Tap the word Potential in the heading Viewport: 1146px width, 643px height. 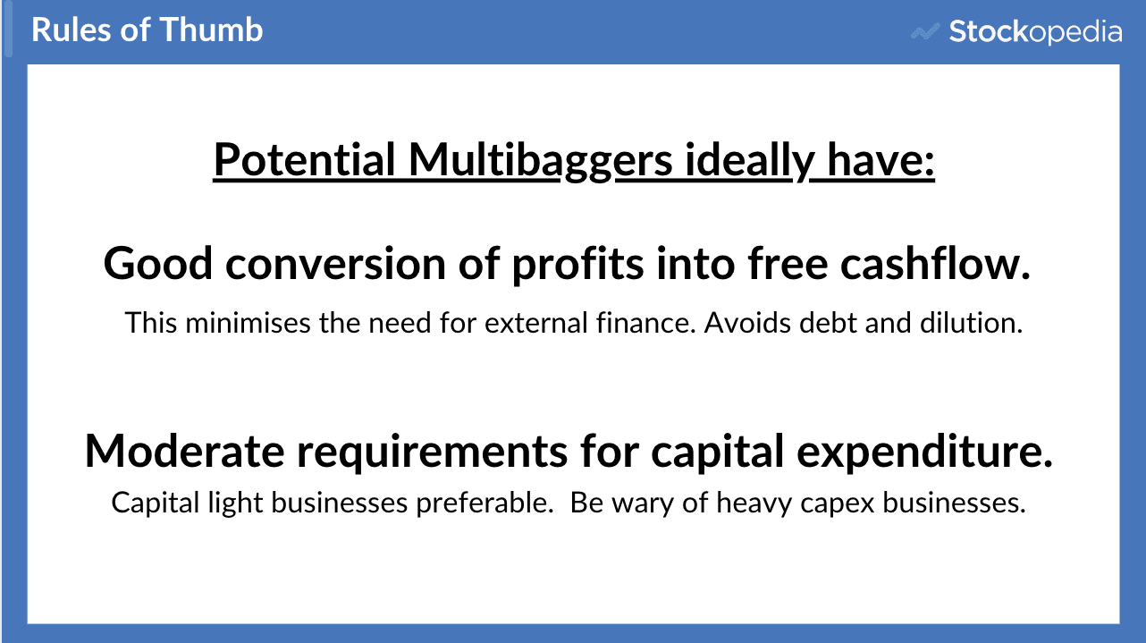[x=305, y=161]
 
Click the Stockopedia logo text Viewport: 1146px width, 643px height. [x=1035, y=32]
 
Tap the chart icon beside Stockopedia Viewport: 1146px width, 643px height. [x=924, y=32]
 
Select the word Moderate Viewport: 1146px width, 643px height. [x=183, y=452]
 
